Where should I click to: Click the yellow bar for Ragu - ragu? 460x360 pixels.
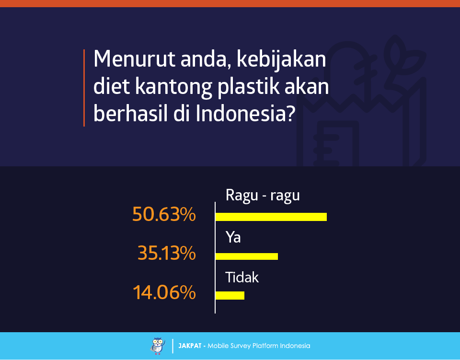coord(271,217)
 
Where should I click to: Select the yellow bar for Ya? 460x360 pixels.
coord(247,256)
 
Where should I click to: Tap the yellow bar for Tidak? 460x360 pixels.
coord(230,295)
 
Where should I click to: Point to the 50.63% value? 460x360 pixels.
coord(164,214)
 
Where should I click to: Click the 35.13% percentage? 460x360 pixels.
coord(167,253)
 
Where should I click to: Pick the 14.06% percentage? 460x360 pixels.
coord(164,292)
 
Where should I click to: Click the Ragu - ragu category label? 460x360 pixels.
coord(263,196)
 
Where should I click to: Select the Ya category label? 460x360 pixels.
coord(233,237)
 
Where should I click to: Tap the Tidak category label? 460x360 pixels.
coord(241,277)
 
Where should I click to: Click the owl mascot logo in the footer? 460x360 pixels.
coord(158,346)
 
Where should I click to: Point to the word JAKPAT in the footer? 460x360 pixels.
coord(190,346)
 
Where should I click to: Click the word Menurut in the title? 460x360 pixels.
coord(134,59)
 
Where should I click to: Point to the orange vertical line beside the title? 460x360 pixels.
coord(84,88)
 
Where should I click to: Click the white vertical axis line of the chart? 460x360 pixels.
coord(215,257)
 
